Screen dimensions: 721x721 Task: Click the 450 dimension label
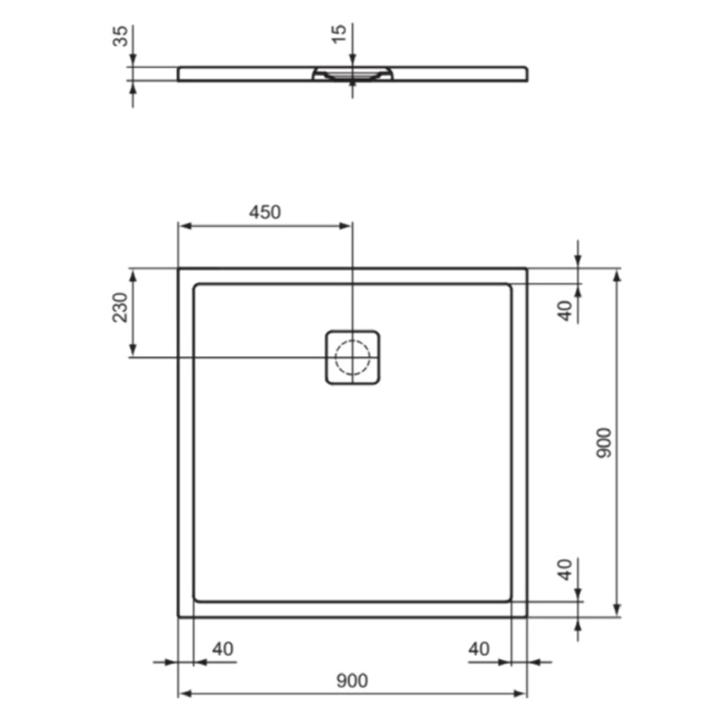(265, 212)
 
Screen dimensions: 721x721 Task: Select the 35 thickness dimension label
(120, 36)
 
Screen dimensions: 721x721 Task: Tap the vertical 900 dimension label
(604, 443)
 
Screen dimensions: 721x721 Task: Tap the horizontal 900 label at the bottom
(352, 681)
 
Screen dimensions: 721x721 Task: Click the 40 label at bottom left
(222, 649)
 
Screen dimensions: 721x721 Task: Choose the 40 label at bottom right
(479, 649)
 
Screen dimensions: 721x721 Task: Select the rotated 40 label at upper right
(565, 311)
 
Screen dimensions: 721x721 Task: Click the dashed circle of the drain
(352, 357)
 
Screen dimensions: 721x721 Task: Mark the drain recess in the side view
(352, 74)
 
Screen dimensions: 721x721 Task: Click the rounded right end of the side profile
(526, 74)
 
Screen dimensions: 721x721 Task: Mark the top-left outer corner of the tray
(179, 269)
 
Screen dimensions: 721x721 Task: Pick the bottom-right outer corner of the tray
(526, 617)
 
